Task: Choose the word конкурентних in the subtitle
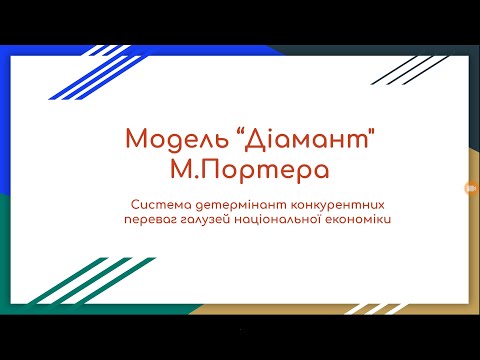click(318, 203)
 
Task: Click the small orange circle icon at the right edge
click(468, 187)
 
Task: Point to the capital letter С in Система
click(134, 203)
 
